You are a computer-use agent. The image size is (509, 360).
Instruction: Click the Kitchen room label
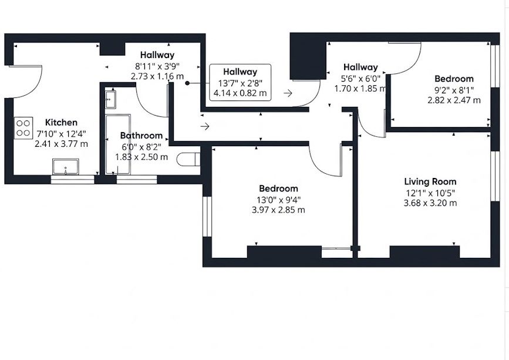pos(61,122)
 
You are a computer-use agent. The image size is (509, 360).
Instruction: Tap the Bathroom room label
pos(141,135)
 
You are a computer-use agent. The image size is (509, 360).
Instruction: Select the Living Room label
pos(430,181)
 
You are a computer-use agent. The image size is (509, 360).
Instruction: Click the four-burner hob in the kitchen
pos(23,128)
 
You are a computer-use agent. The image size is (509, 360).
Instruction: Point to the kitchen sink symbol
pos(66,167)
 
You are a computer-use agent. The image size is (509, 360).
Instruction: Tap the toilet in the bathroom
pos(188,159)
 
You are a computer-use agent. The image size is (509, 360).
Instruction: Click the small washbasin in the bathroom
pos(110,100)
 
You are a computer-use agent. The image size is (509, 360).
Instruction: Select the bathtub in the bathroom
pos(118,144)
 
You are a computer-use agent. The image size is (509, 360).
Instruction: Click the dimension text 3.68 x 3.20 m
pos(430,203)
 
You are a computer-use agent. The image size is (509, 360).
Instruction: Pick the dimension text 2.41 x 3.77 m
pos(61,144)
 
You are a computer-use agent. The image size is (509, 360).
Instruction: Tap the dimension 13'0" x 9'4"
pos(278,199)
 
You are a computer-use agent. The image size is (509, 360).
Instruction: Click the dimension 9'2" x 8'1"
pos(454,90)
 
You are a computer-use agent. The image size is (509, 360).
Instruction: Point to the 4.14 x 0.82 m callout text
pos(240,93)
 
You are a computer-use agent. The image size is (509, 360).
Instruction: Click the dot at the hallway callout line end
pos(187,83)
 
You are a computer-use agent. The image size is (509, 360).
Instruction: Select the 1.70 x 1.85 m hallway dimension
pos(360,88)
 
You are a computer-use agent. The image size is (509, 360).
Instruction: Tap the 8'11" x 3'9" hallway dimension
pos(157,66)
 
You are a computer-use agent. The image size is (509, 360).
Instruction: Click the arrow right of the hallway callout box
pos(288,93)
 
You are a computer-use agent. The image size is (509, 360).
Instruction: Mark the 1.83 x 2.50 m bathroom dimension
pos(141,157)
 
